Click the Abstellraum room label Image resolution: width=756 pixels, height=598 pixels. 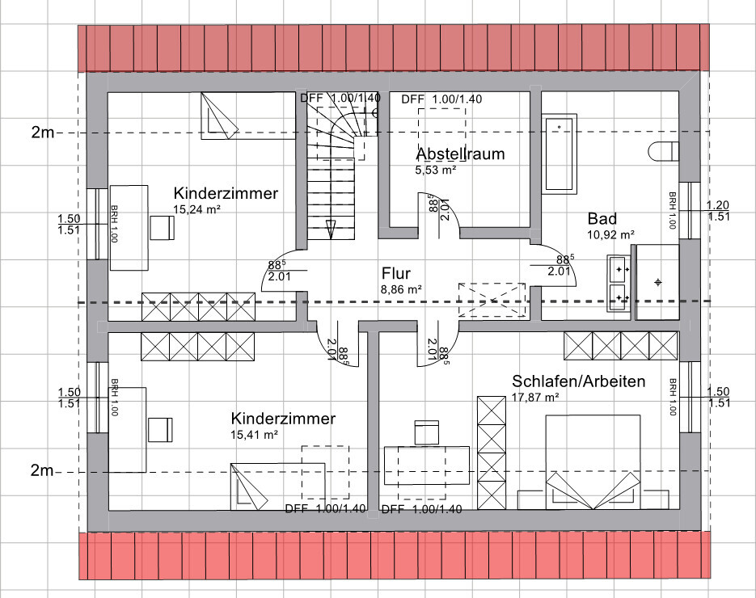(460, 154)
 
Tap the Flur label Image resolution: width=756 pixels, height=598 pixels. (396, 273)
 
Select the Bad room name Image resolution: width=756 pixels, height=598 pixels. (602, 219)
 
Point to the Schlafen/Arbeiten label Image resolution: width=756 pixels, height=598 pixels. (579, 381)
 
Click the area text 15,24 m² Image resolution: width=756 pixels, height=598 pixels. (196, 209)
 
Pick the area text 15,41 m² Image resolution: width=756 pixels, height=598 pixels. (254, 435)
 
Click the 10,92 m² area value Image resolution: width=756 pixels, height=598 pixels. (611, 234)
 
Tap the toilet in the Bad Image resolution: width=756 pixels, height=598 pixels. (664, 151)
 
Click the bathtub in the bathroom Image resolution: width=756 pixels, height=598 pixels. (560, 154)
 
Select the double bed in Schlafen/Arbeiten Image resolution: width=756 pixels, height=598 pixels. (593, 461)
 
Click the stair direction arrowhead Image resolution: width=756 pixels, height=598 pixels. (331, 229)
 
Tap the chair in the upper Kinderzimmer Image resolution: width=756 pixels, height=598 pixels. (162, 227)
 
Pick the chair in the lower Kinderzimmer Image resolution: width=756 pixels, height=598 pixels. (160, 429)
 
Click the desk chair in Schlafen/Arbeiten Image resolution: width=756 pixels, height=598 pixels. (427, 432)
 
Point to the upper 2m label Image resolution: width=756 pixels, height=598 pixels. (43, 132)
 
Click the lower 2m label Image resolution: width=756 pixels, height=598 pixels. (42, 470)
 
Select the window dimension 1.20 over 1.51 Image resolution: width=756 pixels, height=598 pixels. (718, 211)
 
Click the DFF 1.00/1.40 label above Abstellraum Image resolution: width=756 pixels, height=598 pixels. (441, 99)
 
